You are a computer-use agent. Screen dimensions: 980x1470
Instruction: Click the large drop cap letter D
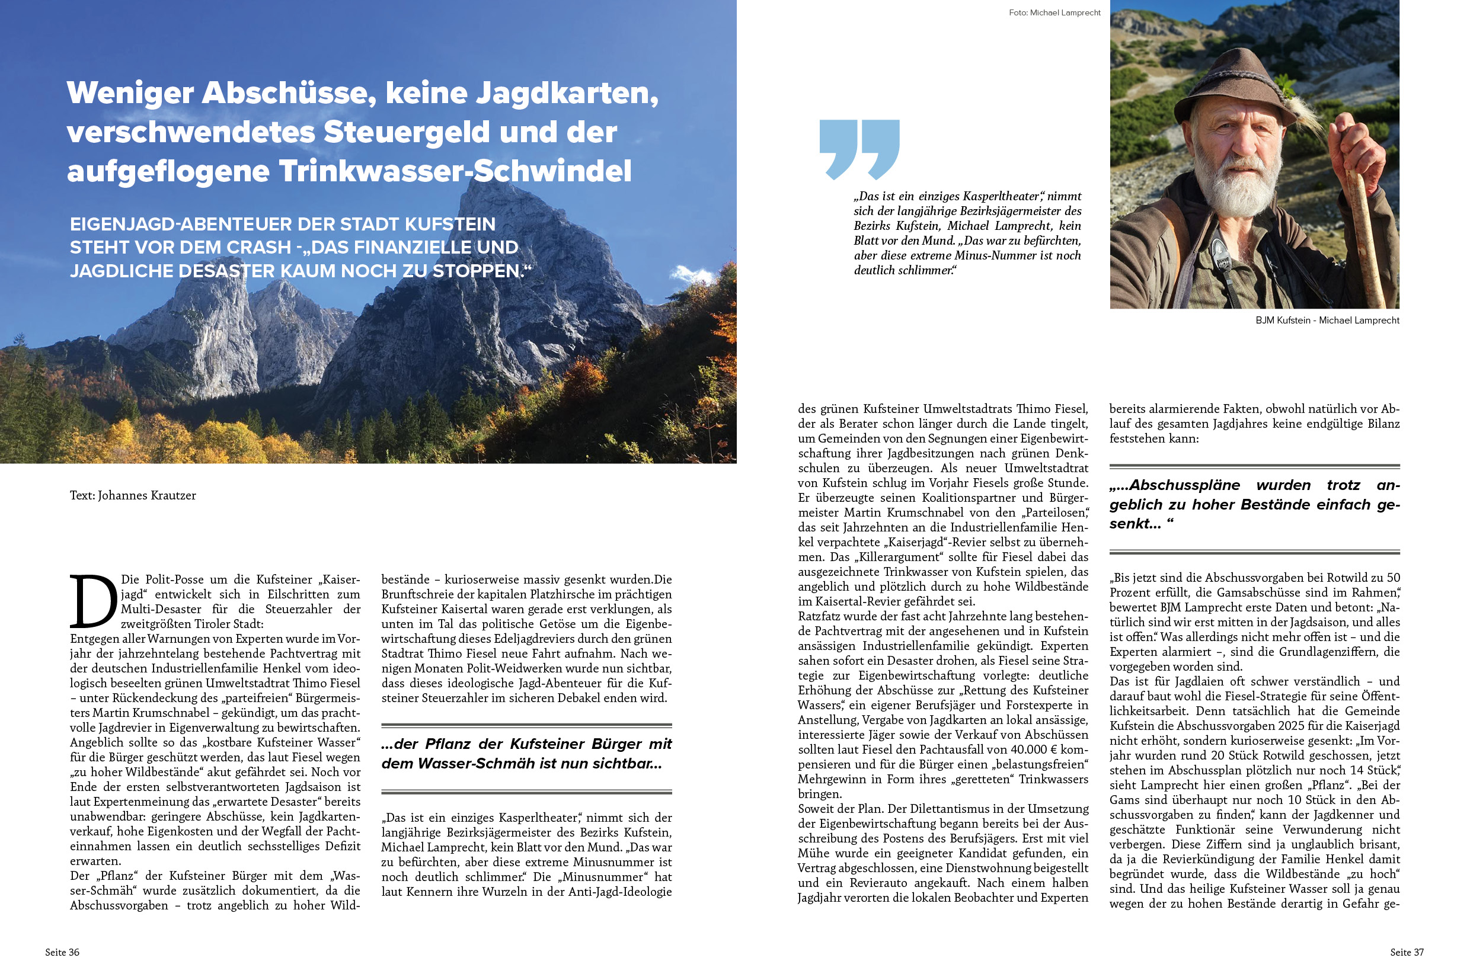pyautogui.click(x=94, y=601)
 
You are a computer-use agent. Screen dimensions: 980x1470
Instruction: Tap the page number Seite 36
pyautogui.click(x=62, y=952)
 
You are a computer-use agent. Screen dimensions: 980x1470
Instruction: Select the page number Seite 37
pyautogui.click(x=1406, y=952)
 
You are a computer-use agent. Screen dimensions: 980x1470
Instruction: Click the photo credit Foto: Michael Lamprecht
pyautogui.click(x=1054, y=12)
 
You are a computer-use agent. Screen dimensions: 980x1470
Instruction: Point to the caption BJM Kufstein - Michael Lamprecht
pyautogui.click(x=1327, y=320)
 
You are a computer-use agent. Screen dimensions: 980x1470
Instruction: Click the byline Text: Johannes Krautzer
pyautogui.click(x=133, y=495)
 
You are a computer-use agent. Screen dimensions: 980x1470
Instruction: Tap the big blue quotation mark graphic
pyautogui.click(x=859, y=149)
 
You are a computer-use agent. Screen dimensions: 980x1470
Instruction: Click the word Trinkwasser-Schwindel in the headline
pyautogui.click(x=455, y=171)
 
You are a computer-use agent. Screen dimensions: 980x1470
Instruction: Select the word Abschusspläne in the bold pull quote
pyautogui.click(x=1184, y=485)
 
